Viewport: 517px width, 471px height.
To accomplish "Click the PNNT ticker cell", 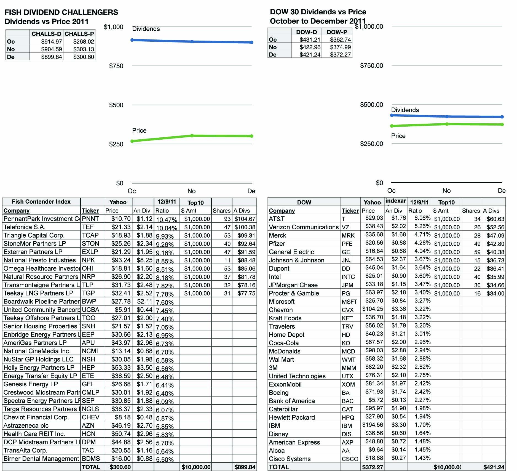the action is tap(90, 219).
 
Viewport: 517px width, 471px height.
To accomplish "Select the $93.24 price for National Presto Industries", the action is tap(121, 260).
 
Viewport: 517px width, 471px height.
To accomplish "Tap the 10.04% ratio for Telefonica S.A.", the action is tap(167, 228).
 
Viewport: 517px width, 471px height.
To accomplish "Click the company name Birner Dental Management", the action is tap(41, 459).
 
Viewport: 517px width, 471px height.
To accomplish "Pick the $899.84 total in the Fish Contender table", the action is tap(245, 467).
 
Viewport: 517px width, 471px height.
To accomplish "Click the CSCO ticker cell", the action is tap(350, 459).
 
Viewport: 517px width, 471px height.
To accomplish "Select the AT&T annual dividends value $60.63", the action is tap(495, 219).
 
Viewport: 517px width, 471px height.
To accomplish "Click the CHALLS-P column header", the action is tap(79, 34).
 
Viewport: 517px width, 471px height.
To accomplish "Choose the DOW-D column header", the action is tap(306, 32).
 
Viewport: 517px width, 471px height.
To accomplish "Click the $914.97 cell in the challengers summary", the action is tap(52, 41).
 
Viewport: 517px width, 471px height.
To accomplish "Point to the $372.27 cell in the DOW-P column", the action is tap(340, 55).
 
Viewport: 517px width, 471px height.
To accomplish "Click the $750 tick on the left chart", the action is tap(116, 66).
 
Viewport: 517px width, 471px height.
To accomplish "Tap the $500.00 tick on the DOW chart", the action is tap(371, 105).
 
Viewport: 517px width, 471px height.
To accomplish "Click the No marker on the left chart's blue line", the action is tap(192, 41).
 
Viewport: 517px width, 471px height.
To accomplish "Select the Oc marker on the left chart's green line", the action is tap(132, 141).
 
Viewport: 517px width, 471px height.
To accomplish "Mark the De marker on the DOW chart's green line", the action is tap(502, 124).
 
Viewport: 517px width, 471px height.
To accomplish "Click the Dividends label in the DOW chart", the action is tap(405, 110).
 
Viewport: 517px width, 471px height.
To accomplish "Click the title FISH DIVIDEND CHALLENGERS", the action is tap(61, 12).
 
